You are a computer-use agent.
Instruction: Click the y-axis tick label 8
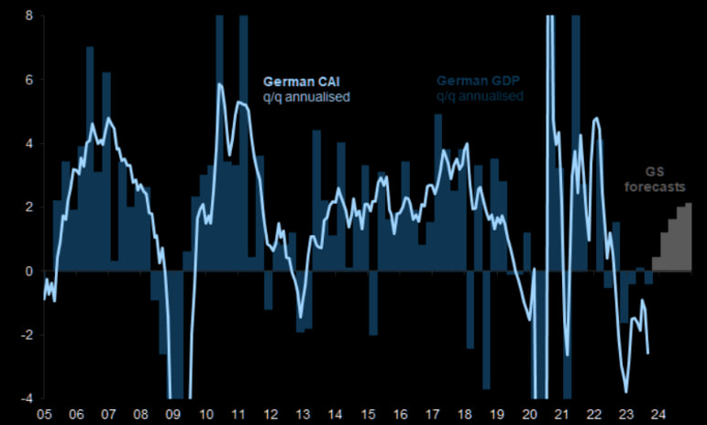(x=28, y=16)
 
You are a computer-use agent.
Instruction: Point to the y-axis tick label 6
(x=28, y=80)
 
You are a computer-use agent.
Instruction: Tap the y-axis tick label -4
(x=27, y=397)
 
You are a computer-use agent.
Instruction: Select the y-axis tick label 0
(x=28, y=271)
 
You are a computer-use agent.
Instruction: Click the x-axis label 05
(x=43, y=414)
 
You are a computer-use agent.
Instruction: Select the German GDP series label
(x=479, y=80)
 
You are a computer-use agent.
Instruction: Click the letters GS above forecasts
(x=654, y=172)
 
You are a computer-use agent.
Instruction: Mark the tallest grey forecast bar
(x=687, y=237)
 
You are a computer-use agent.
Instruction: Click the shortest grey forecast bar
(x=656, y=264)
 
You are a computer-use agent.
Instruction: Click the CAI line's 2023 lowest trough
(x=626, y=391)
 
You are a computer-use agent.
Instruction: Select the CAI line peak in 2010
(x=220, y=84)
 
